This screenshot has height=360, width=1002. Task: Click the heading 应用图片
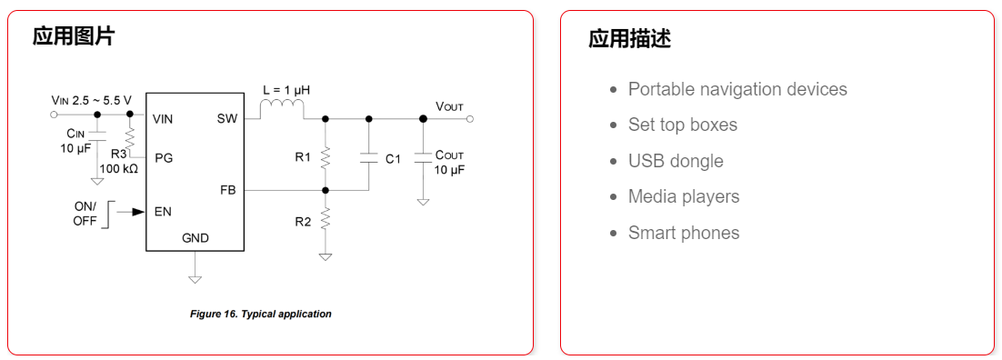[x=74, y=37]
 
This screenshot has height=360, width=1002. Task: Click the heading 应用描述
[x=629, y=39]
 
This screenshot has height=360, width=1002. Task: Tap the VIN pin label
[x=163, y=118]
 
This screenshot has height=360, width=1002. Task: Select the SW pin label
[x=226, y=118]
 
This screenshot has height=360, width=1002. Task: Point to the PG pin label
[x=164, y=157]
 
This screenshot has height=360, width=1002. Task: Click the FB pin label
[x=227, y=190]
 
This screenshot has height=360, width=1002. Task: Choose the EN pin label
[x=163, y=211]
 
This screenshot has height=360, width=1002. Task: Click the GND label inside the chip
[x=195, y=238]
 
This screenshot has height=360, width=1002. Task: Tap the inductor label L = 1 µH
[x=286, y=91]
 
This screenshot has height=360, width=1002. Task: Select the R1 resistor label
[x=303, y=157]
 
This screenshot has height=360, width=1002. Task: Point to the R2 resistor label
[x=303, y=221]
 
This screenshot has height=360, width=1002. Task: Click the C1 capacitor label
[x=393, y=159]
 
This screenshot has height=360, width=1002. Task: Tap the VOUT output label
[x=449, y=106]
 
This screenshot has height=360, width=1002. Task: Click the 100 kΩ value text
[x=118, y=168]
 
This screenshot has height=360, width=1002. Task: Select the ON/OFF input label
[x=85, y=214]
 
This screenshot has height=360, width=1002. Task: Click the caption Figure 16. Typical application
[x=260, y=314]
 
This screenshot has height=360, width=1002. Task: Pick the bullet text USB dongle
[x=676, y=161]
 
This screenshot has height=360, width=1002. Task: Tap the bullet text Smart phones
[x=684, y=233]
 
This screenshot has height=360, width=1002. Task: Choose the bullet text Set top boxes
[x=683, y=125]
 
